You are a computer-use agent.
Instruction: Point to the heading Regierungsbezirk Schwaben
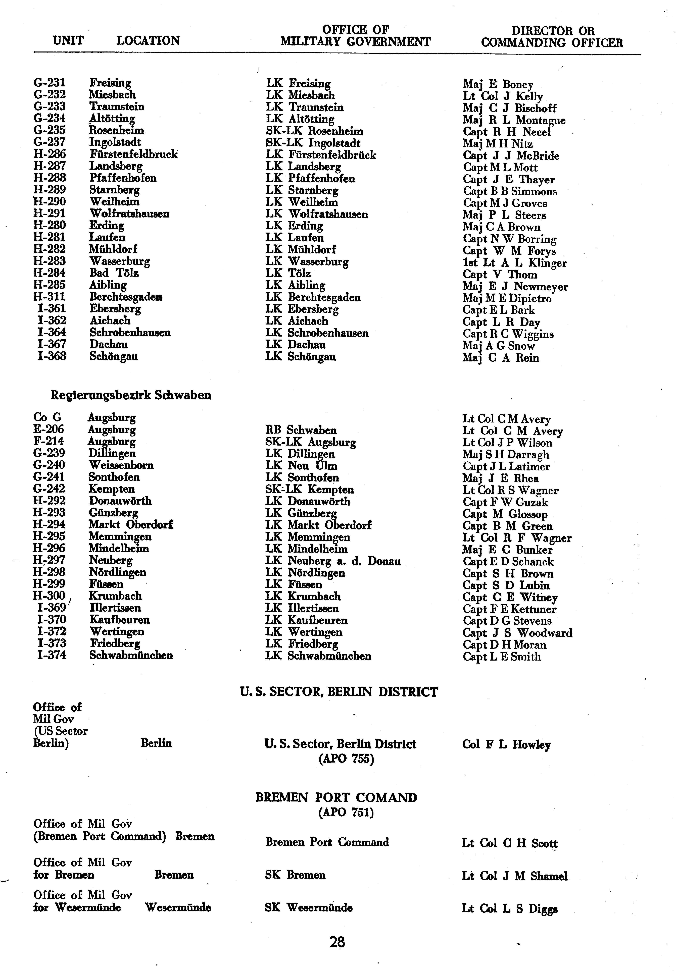click(x=131, y=395)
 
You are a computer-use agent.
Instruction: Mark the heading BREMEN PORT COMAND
click(x=336, y=798)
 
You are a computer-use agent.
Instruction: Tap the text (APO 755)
click(x=346, y=759)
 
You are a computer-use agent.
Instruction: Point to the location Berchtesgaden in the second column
click(x=126, y=297)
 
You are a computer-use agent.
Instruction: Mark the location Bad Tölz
click(x=114, y=273)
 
